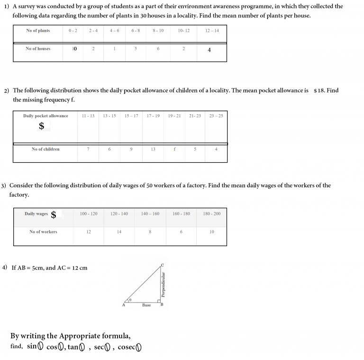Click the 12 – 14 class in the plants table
coord(212,30)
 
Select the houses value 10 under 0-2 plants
coord(74,49)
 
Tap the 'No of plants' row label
coord(38,30)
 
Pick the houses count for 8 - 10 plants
coord(158,49)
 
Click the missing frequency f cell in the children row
coord(174,149)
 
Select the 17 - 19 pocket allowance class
coord(153,116)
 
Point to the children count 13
coord(153,149)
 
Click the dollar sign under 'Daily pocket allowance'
coord(42,126)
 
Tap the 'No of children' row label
coord(45,149)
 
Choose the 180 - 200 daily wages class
coord(211,214)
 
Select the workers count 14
coord(119,232)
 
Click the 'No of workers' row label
coord(43,232)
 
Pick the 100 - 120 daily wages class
coord(89,214)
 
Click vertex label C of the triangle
coord(162,265)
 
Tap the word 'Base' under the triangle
coord(146,305)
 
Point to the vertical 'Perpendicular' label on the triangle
coord(164,284)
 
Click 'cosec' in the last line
coord(126,347)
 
